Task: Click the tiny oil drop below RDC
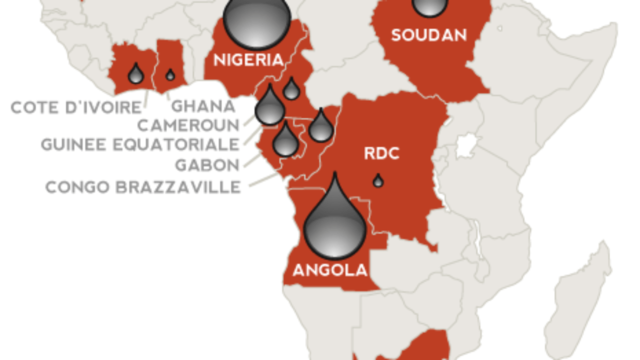378,181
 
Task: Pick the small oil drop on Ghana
170,74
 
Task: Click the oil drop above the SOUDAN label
427,6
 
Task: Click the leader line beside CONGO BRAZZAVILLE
263,179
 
